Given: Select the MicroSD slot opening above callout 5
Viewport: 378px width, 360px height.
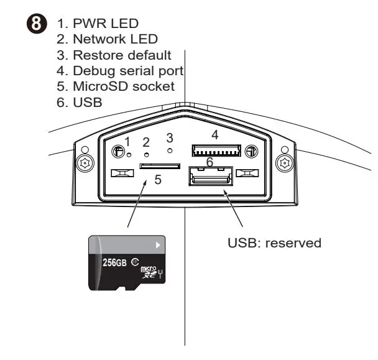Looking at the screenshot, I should coord(159,166).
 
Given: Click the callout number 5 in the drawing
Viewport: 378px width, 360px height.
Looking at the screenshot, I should coord(157,180).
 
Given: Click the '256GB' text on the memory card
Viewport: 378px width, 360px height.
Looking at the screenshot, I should coord(114,262).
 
